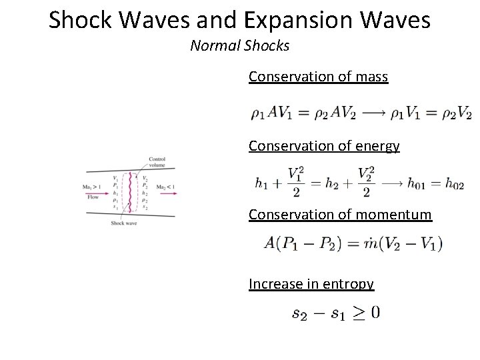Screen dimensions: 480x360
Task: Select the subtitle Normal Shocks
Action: (x=240, y=46)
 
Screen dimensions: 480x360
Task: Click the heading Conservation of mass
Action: (x=318, y=77)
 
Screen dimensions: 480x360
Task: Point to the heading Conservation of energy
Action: (x=324, y=146)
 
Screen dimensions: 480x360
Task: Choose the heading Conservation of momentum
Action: (x=340, y=215)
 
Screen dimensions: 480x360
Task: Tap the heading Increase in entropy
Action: (x=311, y=284)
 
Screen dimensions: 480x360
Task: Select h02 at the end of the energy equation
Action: (x=457, y=182)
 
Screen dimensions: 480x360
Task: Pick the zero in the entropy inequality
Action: (x=375, y=313)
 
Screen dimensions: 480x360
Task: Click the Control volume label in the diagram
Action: (x=157, y=161)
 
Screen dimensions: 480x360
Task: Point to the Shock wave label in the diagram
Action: (x=123, y=223)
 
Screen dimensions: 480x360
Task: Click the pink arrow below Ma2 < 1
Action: (x=168, y=195)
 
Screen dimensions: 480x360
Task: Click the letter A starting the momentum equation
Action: (x=270, y=243)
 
